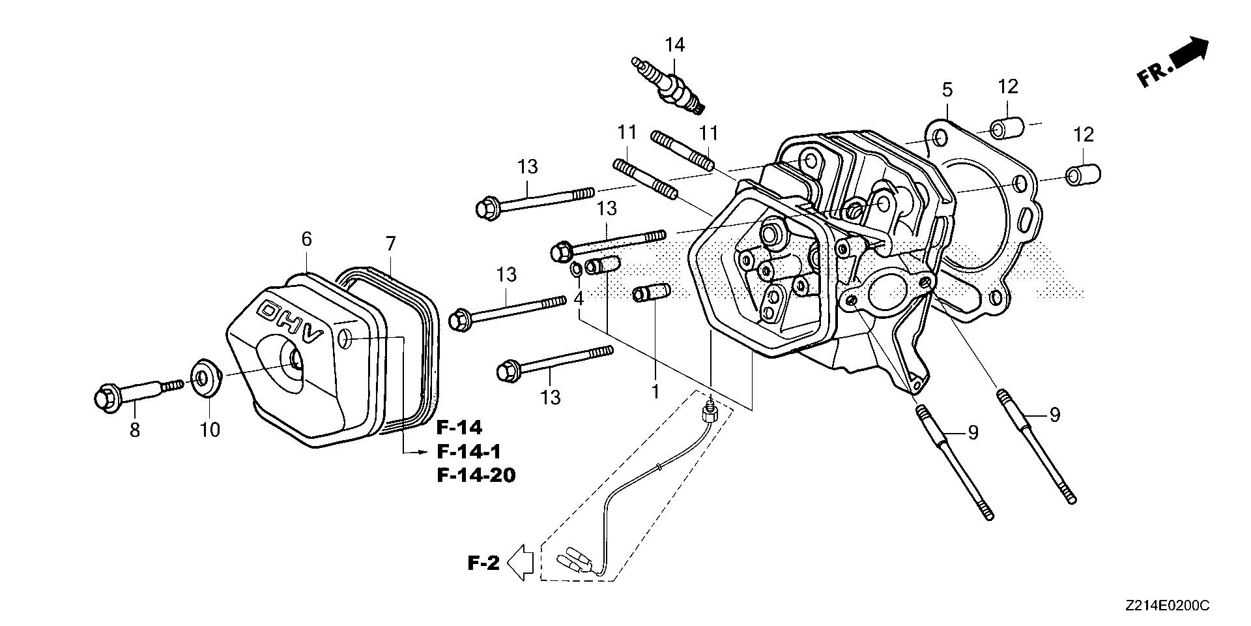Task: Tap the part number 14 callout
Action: pyautogui.click(x=675, y=45)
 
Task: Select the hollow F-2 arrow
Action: pyautogui.click(x=521, y=561)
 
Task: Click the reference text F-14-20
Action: pyautogui.click(x=476, y=475)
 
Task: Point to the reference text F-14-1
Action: pyautogui.click(x=468, y=451)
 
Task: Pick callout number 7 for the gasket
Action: pyautogui.click(x=390, y=244)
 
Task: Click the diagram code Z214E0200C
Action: pyautogui.click(x=1166, y=606)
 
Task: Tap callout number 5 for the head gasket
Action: pyautogui.click(x=947, y=90)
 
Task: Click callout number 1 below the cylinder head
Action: pyautogui.click(x=655, y=391)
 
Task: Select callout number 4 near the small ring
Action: pyautogui.click(x=579, y=299)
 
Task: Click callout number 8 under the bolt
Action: pyautogui.click(x=135, y=430)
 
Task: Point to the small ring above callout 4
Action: pyautogui.click(x=575, y=268)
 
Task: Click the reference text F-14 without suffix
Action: pyautogui.click(x=459, y=428)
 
